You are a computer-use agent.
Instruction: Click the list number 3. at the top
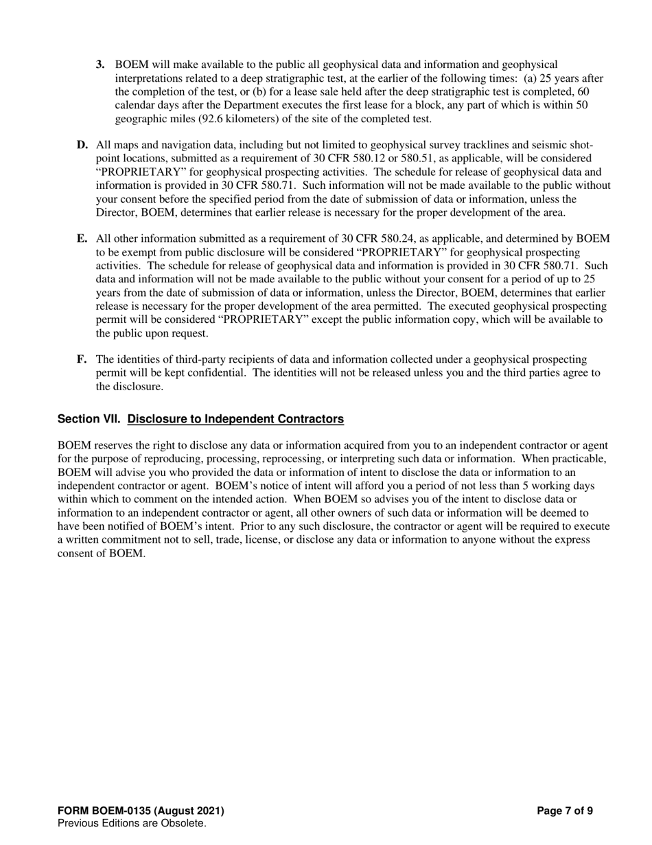coord(100,65)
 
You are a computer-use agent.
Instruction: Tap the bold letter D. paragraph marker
coord(82,145)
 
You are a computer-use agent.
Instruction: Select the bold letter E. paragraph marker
coord(82,238)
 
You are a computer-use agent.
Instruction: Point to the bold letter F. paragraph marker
coord(82,359)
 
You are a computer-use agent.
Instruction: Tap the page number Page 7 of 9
coord(564,811)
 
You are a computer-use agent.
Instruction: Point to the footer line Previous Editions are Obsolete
coord(132,823)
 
